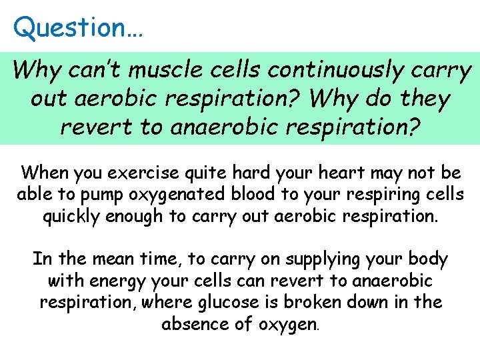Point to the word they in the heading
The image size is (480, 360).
click(x=423, y=98)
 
